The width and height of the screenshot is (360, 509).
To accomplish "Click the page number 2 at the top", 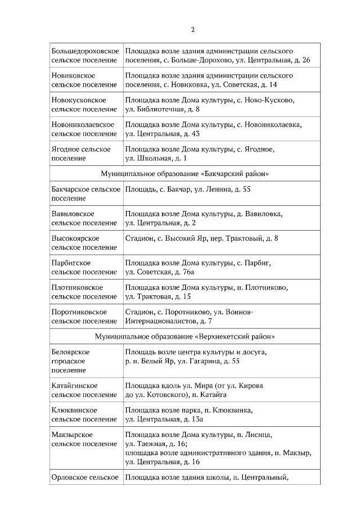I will coord(192,30).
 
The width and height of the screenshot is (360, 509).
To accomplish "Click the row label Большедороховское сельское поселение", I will coord(84,55).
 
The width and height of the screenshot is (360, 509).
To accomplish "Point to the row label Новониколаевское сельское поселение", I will coord(84,129).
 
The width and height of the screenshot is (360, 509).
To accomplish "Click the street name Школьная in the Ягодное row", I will coord(152,159).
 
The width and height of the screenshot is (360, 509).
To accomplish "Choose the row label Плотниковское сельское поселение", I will coord(84,292).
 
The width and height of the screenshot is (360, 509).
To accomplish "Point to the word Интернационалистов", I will coord(160,321).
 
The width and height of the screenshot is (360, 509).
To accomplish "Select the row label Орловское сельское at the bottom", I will coord(84,478).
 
